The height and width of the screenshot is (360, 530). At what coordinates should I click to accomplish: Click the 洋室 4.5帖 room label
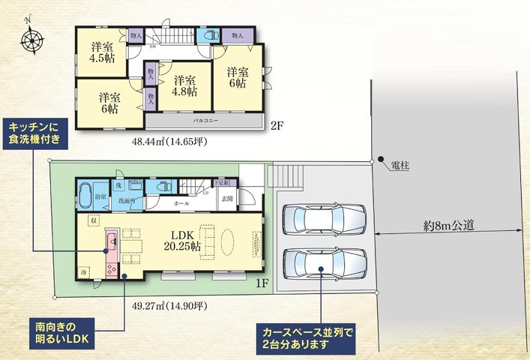(x=102, y=52)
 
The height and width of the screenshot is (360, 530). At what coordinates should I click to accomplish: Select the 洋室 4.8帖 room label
(x=184, y=85)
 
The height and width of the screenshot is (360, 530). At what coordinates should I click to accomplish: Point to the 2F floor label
(x=276, y=126)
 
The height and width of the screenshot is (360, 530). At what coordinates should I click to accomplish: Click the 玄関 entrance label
(x=226, y=199)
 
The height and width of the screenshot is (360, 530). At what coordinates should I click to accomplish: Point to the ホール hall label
(x=181, y=203)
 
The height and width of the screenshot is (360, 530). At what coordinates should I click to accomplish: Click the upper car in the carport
(x=325, y=220)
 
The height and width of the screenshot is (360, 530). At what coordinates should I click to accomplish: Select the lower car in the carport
(x=325, y=263)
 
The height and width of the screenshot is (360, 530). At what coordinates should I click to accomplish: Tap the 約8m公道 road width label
(x=448, y=223)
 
